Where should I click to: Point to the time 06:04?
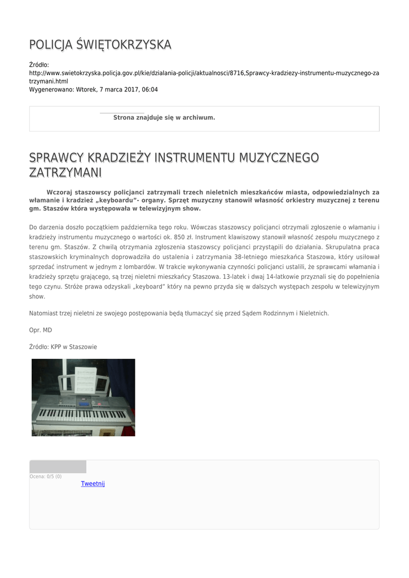tap(149, 89)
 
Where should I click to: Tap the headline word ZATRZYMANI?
tap(65, 172)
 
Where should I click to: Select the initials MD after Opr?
tap(47, 330)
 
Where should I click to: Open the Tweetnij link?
tap(93, 484)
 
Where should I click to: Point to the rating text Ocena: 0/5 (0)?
tap(46, 476)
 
